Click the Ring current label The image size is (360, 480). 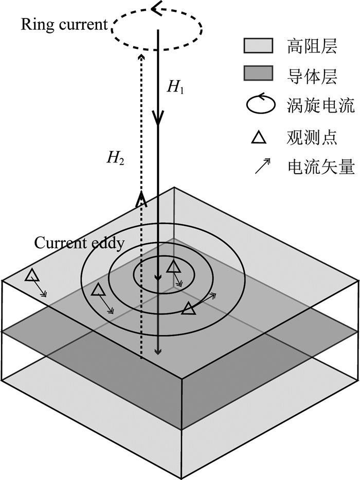click(64, 25)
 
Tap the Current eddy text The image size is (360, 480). click(79, 243)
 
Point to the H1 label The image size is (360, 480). click(175, 86)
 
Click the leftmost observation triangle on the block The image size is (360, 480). click(32, 276)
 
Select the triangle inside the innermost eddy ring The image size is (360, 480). click(174, 266)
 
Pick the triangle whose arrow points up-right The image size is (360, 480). click(189, 308)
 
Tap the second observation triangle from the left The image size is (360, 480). click(98, 291)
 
